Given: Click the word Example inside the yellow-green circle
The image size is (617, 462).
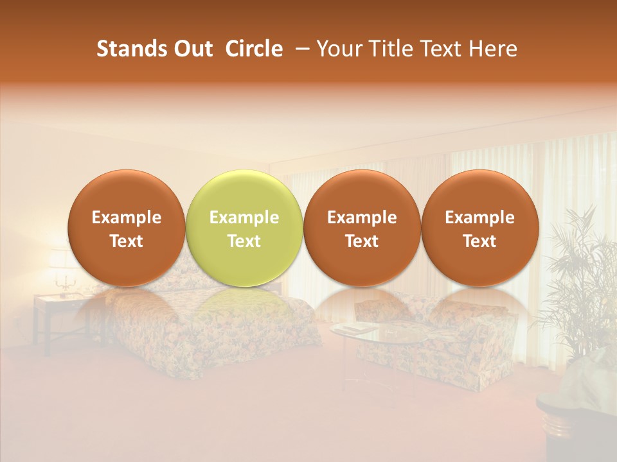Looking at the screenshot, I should coord(244,218).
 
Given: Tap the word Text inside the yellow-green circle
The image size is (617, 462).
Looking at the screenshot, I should coord(244,241).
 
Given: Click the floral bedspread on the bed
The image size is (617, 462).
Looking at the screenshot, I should coord(193,340).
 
